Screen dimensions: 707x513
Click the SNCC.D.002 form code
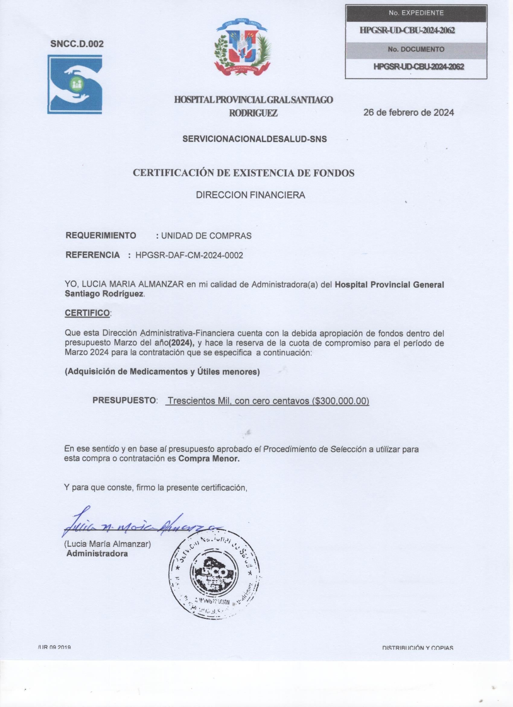77,44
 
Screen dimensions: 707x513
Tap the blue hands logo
75,84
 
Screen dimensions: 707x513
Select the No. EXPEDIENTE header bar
416,13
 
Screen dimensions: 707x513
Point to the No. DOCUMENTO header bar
416,49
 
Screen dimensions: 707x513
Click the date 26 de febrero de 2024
408,112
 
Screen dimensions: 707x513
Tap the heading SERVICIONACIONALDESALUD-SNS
255,139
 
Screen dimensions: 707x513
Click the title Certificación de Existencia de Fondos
244,173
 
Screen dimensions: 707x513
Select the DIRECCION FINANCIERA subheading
250,195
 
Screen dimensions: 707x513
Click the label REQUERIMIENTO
101,235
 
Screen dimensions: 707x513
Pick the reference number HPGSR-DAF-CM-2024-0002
189,255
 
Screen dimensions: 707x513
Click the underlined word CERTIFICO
87,313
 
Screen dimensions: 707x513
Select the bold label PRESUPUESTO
124,401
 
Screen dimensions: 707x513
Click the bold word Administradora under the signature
97,554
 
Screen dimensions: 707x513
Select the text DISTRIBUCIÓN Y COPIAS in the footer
417,648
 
